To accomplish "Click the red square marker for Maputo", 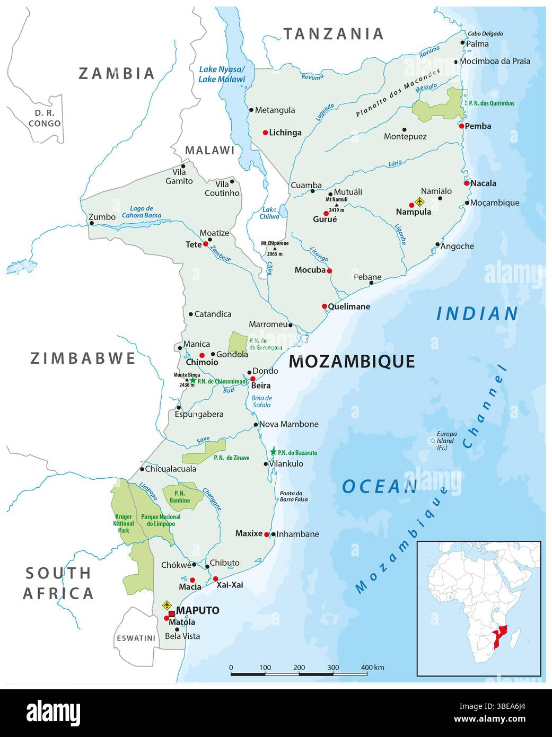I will point(171,613).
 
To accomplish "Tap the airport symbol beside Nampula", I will point(420,201).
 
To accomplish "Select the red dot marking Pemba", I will point(461,126).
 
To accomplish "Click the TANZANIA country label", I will point(333,34).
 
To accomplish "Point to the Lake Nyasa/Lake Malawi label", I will point(222,75).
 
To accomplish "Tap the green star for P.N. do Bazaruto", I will point(273,452).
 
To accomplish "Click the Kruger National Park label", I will point(123,523).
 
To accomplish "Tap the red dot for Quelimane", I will point(325,306).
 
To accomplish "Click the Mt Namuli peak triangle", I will point(337,205).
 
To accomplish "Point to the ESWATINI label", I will point(136,638).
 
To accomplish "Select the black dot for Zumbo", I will point(92,223).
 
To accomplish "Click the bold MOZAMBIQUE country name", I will point(352,362).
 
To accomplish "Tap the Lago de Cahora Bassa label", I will point(141,212).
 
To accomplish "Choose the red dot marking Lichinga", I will point(266,133).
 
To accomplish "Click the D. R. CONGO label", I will point(45,118).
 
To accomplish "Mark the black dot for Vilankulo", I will point(266,464).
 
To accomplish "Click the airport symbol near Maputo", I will point(167,605).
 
